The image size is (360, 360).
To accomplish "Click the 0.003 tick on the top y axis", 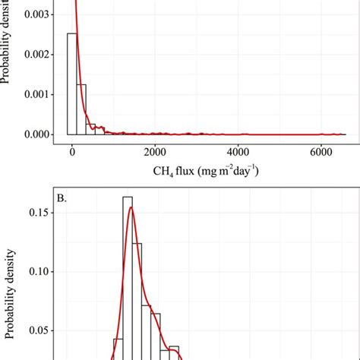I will pos(39,14).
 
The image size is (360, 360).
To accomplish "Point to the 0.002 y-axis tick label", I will pos(39,55).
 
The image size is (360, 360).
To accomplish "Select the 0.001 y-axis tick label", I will pos(39,95).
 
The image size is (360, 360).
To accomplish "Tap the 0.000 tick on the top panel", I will pos(39,134).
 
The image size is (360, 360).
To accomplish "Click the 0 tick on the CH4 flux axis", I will pos(71,150).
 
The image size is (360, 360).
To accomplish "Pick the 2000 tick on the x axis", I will pos(155,150).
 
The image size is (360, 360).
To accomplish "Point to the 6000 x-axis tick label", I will pos(321,150).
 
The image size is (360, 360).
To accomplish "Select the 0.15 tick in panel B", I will pos(41,213).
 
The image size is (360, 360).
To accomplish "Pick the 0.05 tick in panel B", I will pos(41,330).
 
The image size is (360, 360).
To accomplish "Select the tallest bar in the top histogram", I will pos(72,84).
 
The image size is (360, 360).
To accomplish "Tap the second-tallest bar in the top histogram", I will pos(81,109).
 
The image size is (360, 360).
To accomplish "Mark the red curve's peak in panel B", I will pos(131,208).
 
